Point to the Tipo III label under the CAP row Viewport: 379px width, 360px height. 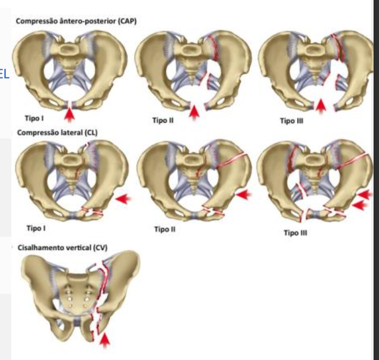pos(291,120)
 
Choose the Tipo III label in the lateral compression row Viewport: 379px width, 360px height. pos(295,233)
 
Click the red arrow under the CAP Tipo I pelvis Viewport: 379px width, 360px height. pos(70,114)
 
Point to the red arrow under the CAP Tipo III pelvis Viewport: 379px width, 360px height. pos(321,106)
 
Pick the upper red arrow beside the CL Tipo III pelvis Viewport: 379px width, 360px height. pos(365,195)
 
